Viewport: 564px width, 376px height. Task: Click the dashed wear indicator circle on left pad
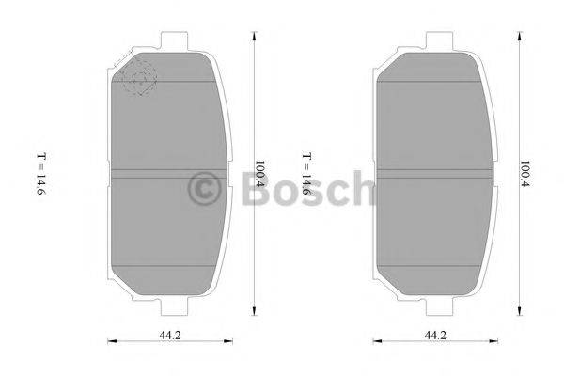click(137, 79)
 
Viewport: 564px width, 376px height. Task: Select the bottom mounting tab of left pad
click(174, 308)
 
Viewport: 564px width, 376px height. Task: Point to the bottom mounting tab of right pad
click(440, 308)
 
